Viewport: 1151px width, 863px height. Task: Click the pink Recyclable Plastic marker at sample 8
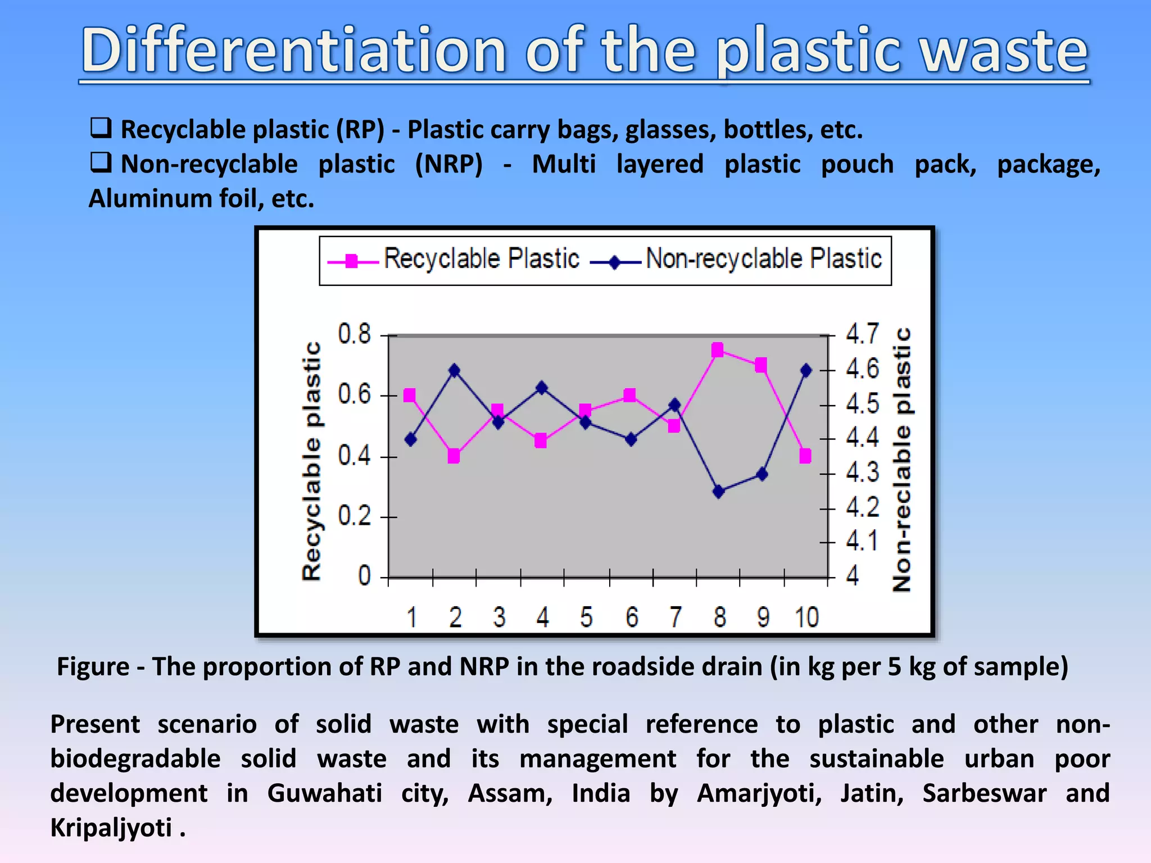pyautogui.click(x=717, y=351)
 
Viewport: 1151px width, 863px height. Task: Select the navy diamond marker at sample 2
pyautogui.click(x=454, y=370)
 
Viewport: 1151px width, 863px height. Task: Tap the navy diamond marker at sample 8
pyautogui.click(x=718, y=492)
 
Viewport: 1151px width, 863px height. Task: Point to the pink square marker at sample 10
pyautogui.click(x=805, y=456)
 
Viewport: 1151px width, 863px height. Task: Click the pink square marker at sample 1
pyautogui.click(x=410, y=396)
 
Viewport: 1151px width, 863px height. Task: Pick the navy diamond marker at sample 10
pyautogui.click(x=806, y=370)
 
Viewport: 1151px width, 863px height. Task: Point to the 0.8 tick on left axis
pyautogui.click(x=355, y=334)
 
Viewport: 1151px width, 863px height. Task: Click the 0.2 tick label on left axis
pyautogui.click(x=355, y=516)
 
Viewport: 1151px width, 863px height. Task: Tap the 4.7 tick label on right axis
pyautogui.click(x=862, y=334)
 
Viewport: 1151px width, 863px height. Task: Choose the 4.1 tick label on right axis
pyautogui.click(x=862, y=541)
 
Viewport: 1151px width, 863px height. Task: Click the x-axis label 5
pyautogui.click(x=586, y=617)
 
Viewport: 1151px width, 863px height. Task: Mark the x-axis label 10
pyautogui.click(x=806, y=617)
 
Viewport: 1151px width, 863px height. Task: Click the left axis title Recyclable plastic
pyautogui.click(x=312, y=461)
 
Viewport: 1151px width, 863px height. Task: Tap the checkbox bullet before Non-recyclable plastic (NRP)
pyautogui.click(x=101, y=163)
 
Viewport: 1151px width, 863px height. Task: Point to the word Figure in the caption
pyautogui.click(x=93, y=667)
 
